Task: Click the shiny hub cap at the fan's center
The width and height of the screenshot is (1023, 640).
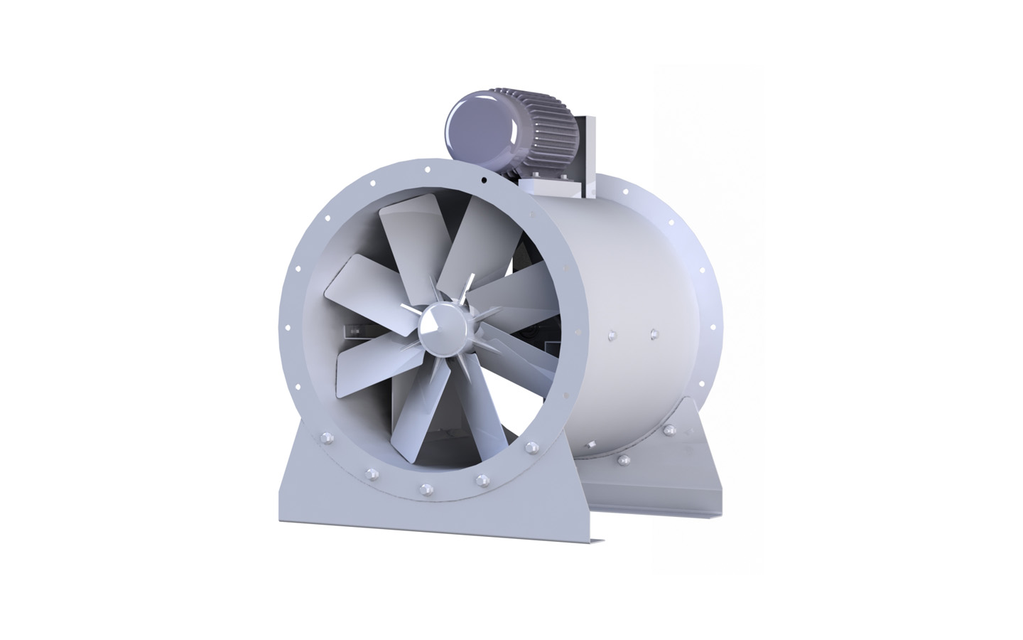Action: point(434,325)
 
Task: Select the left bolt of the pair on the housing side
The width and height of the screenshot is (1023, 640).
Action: point(610,331)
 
